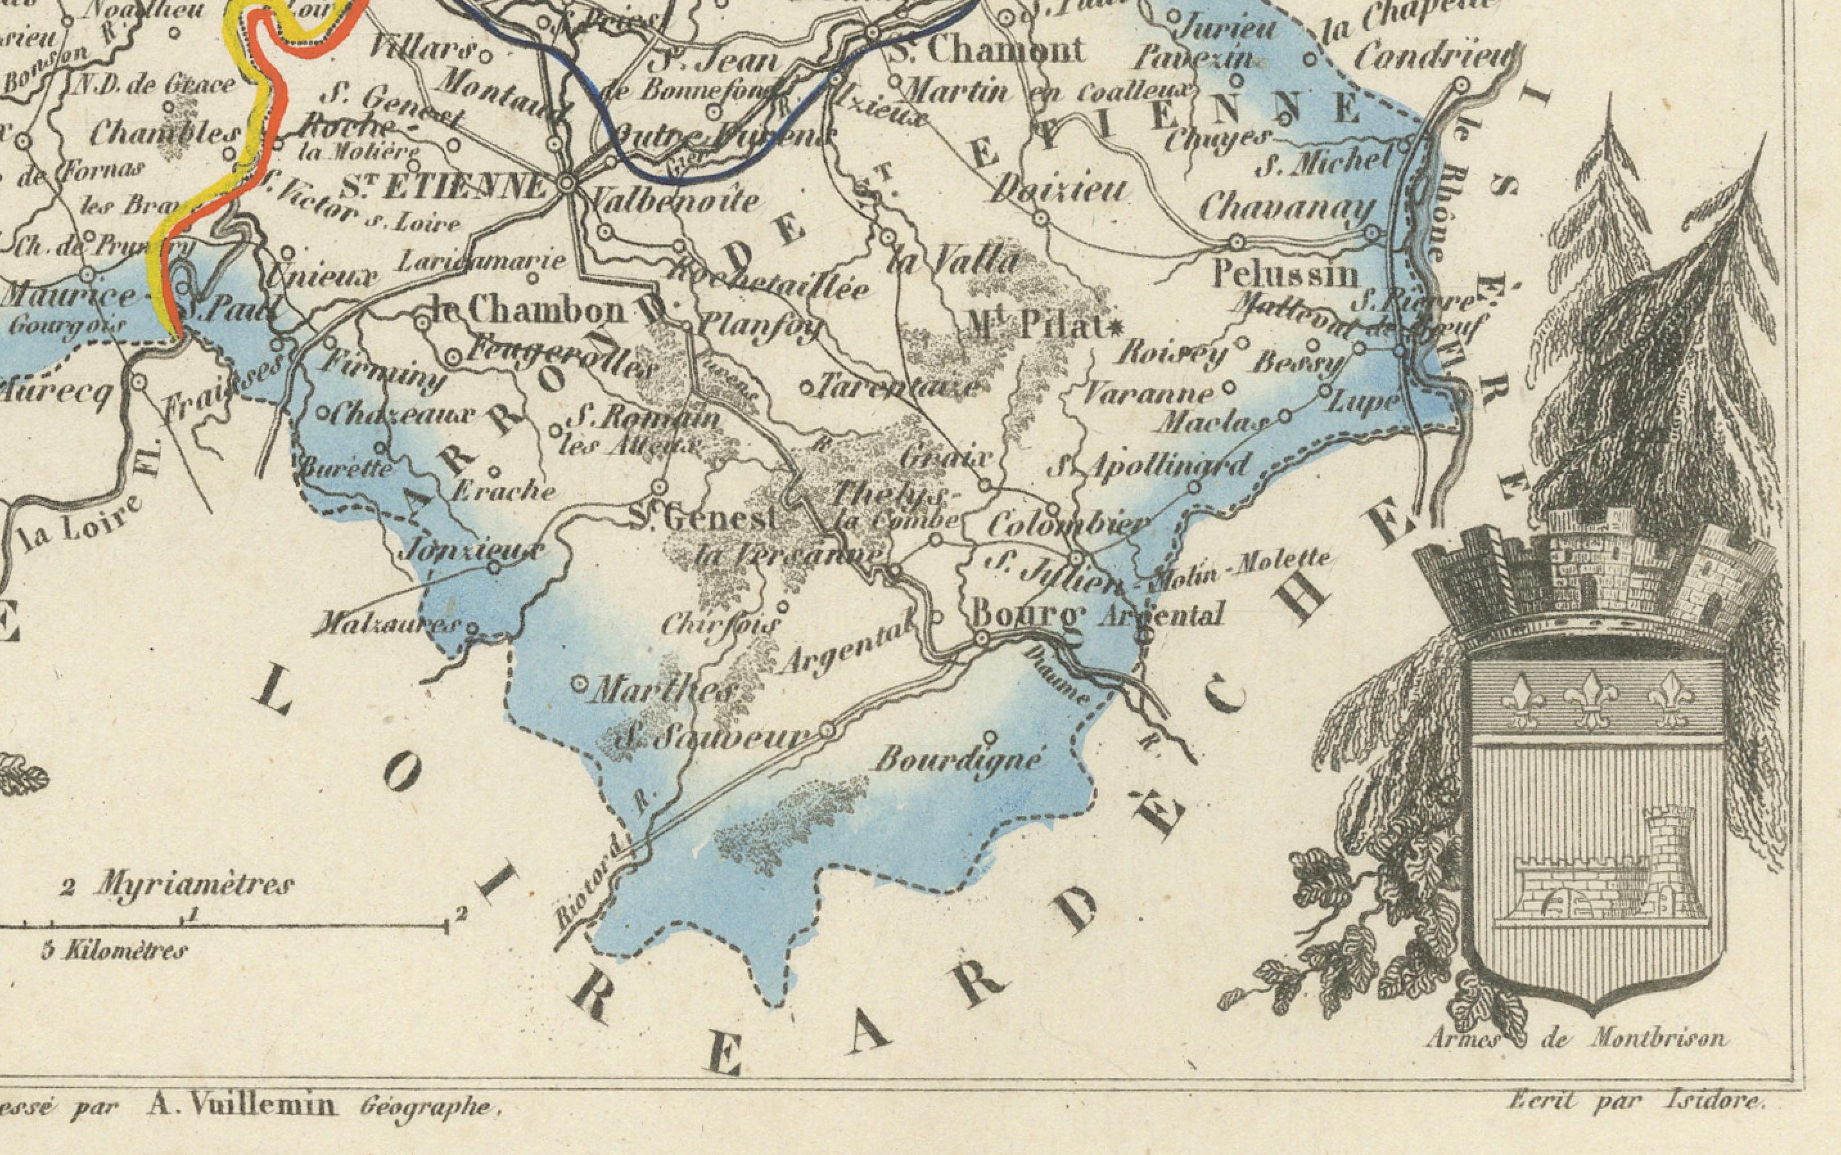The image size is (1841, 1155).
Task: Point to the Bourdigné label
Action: (x=958, y=760)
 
